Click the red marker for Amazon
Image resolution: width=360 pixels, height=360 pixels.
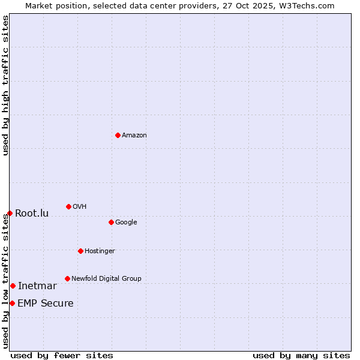coord(118,135)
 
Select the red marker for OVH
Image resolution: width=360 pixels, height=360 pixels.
coord(68,206)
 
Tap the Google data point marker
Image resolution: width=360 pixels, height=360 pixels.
coord(111,222)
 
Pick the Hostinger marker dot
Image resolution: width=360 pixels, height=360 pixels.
coord(80,251)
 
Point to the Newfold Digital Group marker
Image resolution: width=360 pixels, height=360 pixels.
coord(67,278)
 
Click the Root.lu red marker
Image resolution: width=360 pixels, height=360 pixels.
coord(10,213)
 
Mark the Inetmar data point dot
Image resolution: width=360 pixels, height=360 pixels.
coord(13,286)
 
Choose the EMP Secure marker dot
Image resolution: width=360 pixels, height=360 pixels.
coord(12,303)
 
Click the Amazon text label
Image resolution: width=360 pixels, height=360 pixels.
coord(134,136)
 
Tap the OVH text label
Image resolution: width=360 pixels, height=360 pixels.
coord(80,207)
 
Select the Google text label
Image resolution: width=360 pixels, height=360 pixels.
coord(126,223)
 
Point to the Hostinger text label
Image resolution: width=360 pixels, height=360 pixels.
coord(100,251)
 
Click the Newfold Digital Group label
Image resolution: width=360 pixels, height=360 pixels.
coord(106,279)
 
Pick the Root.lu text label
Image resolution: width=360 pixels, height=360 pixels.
coord(32,214)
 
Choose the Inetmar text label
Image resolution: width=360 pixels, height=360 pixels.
coord(37,286)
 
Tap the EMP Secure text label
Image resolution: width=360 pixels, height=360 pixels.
coord(46,304)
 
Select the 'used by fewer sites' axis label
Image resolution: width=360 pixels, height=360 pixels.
coord(62,355)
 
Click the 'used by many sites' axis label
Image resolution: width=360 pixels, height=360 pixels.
coord(301,355)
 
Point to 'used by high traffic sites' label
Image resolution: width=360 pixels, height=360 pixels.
coord(6,85)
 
